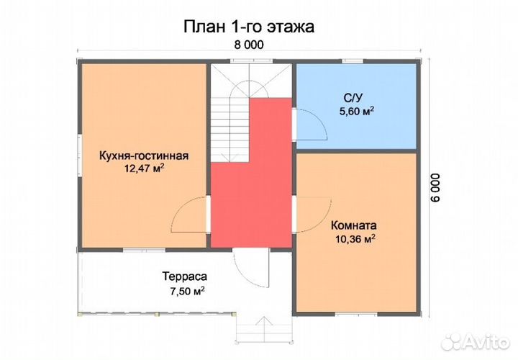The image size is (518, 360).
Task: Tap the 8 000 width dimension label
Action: (248, 45)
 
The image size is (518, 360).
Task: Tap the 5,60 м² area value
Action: (356, 111)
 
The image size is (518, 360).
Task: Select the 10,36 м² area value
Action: (355, 238)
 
